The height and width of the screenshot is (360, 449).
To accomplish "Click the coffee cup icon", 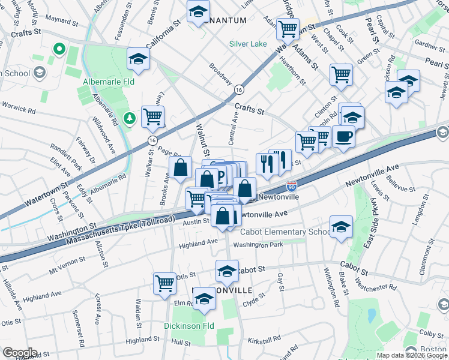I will [x=343, y=136].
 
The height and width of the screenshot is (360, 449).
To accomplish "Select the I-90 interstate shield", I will [x=292, y=188].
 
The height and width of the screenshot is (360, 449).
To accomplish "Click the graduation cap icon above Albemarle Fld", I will [x=138, y=58].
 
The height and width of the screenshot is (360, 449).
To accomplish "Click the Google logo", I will [x=20, y=353].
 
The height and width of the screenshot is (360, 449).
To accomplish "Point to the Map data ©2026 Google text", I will [x=411, y=355].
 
